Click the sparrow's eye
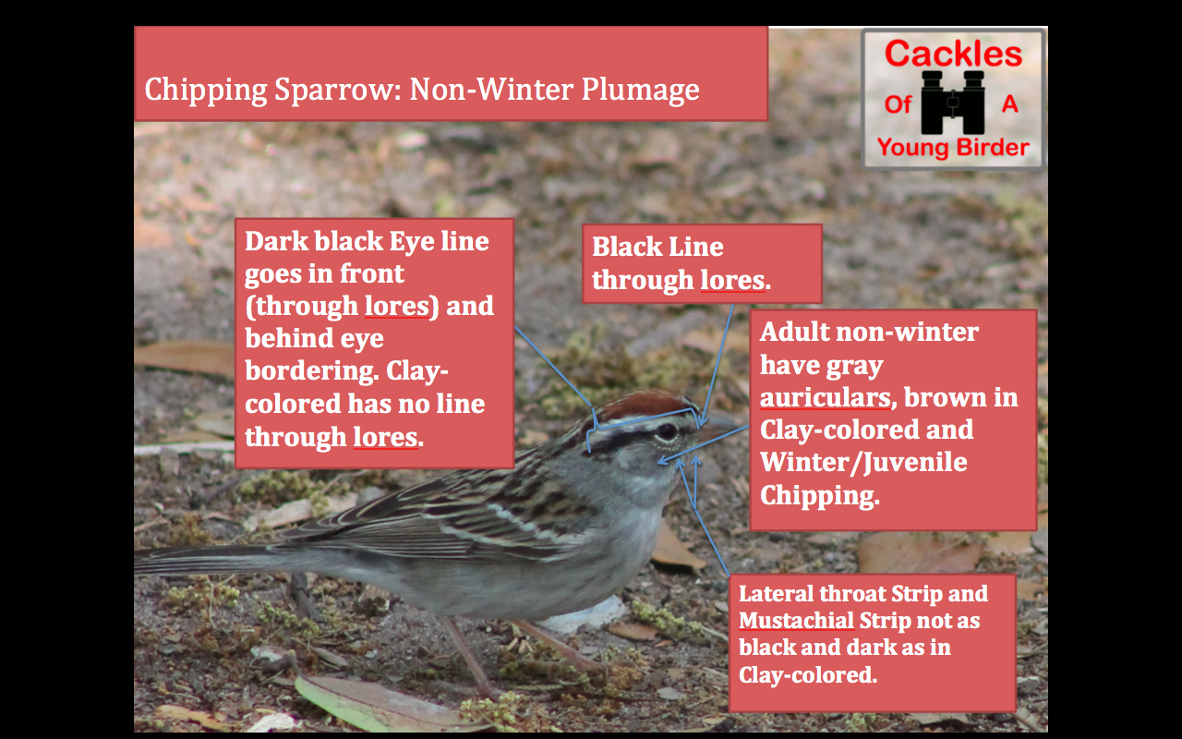point(667,431)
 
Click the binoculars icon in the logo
point(952,103)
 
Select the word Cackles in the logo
point(954,54)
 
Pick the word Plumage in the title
point(640,90)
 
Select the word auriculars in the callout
point(825,398)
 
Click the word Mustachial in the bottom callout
point(796,621)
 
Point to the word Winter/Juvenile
point(863,463)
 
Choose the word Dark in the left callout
point(276,241)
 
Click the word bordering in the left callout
point(311,371)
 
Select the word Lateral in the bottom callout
point(776,594)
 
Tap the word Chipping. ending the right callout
point(820,496)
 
